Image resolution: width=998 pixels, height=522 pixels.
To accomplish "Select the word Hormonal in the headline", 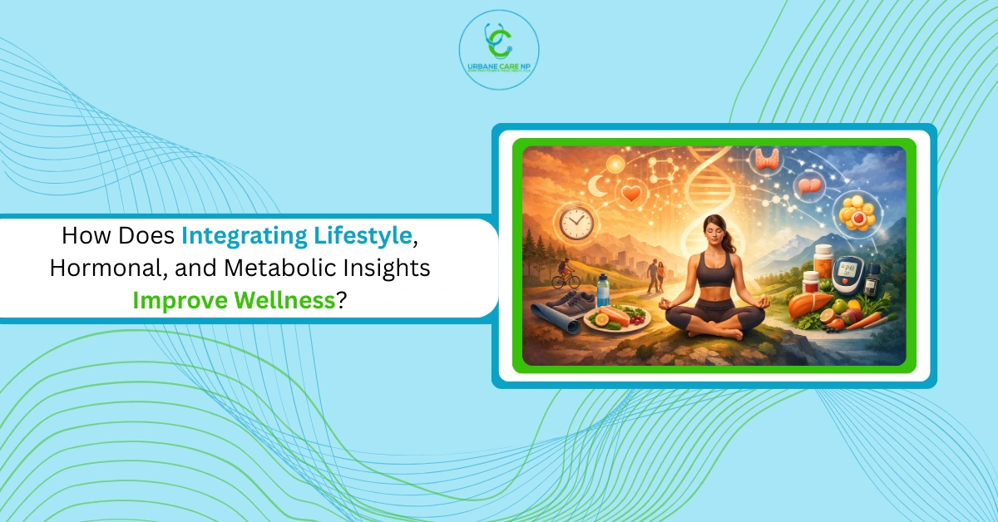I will click(x=95, y=268).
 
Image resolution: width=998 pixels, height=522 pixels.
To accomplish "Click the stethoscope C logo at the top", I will click(x=498, y=39).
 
